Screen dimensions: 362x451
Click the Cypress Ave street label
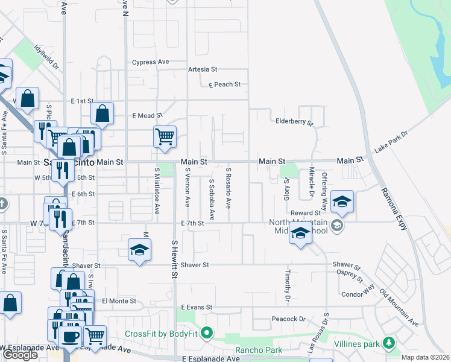(x=151, y=62)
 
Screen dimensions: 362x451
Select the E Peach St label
(x=224, y=84)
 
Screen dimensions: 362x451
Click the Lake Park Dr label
(x=391, y=141)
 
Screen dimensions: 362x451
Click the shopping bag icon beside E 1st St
(x=102, y=112)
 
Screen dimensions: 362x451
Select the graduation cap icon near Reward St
(x=342, y=202)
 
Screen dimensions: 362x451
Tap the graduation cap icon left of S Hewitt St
(x=139, y=250)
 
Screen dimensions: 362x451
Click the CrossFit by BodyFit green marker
(x=207, y=333)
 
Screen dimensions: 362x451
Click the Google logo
(x=20, y=355)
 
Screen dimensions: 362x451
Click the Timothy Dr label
(x=287, y=285)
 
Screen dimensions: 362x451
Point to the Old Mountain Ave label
(x=399, y=308)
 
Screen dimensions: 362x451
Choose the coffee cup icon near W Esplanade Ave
(x=70, y=336)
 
